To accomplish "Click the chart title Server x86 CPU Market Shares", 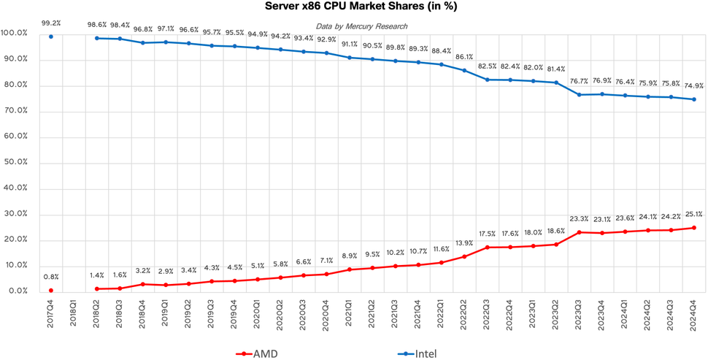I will point(353,7).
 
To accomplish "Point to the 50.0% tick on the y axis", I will point(15,163).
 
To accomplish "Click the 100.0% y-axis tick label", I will point(15,34).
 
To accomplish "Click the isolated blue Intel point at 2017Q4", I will point(51,37).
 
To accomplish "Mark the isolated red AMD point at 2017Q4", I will point(51,290).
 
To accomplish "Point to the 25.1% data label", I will point(693,214).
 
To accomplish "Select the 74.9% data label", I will point(693,85).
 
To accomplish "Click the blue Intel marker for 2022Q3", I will point(486,79).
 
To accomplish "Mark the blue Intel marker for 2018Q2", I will point(97,38).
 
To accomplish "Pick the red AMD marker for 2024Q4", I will point(693,228).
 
